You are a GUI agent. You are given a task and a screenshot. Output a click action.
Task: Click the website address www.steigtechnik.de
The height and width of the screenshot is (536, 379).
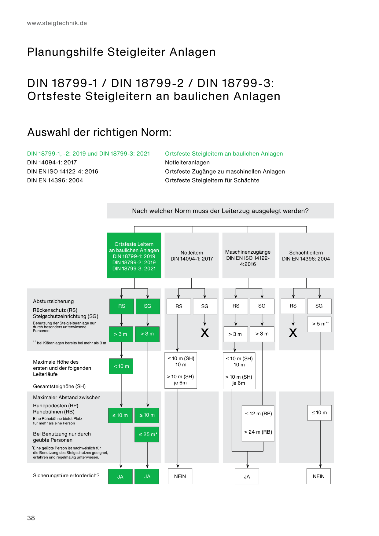(x=57, y=23)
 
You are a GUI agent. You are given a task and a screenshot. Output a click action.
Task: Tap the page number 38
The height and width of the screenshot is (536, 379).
(x=31, y=518)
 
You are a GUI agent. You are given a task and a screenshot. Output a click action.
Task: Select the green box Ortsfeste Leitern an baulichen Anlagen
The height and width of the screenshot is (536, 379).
(x=134, y=255)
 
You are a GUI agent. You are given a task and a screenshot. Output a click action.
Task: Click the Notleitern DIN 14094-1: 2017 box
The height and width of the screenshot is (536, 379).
(x=192, y=255)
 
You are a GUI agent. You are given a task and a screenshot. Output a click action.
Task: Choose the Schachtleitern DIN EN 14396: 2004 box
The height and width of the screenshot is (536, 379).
(x=306, y=255)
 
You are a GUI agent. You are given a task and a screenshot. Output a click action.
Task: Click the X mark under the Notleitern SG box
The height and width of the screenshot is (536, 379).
(x=205, y=332)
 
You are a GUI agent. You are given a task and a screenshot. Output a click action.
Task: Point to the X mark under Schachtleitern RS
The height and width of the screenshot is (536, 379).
(x=293, y=332)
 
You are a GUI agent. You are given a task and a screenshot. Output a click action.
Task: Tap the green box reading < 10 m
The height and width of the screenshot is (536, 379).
(x=121, y=366)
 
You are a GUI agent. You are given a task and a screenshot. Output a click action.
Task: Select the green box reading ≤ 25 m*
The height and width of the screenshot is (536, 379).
(x=147, y=434)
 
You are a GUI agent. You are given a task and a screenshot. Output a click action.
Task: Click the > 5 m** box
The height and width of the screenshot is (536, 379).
(x=319, y=324)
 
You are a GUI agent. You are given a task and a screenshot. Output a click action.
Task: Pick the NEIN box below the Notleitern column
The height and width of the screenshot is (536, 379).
(x=180, y=476)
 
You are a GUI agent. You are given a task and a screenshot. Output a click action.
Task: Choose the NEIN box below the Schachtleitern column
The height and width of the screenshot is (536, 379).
(x=318, y=476)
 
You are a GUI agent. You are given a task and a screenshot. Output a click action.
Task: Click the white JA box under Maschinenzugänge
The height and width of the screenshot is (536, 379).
(x=247, y=476)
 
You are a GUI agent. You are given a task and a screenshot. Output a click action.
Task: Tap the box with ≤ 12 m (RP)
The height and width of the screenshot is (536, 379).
(x=258, y=423)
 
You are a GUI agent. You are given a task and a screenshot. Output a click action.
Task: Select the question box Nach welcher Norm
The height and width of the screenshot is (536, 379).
(x=220, y=211)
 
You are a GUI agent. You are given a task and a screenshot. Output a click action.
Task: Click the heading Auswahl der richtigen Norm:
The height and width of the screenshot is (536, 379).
(x=99, y=132)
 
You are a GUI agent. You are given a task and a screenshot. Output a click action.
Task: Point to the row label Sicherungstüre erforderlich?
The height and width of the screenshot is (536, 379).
(x=66, y=475)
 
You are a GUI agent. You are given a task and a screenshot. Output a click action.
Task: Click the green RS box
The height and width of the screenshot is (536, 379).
(x=122, y=306)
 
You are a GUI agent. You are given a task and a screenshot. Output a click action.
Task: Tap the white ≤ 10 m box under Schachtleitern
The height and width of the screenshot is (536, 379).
(x=319, y=413)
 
